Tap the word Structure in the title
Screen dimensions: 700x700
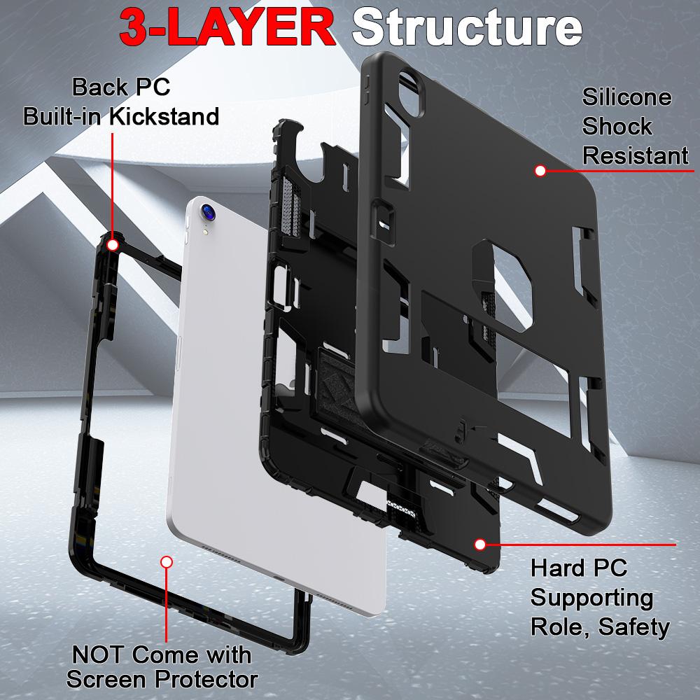click(467, 27)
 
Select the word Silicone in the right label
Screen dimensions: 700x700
click(626, 97)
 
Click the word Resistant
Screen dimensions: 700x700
click(635, 155)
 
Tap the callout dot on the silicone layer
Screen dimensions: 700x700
click(540, 170)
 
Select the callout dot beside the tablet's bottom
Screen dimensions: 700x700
click(167, 561)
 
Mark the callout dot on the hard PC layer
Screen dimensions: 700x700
click(480, 544)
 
